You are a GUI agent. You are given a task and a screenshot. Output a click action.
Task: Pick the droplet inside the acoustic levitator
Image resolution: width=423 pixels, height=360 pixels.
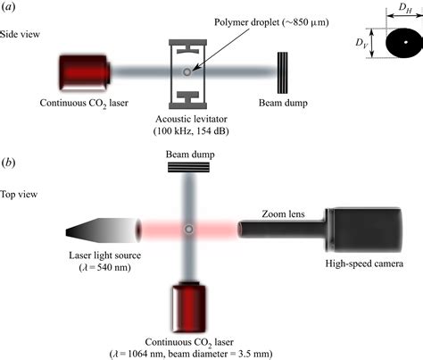(186, 71)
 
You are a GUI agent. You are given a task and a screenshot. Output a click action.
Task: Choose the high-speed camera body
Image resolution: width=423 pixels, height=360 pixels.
(362, 230)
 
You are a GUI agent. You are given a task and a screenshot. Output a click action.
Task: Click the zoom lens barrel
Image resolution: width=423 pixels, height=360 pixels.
(282, 230)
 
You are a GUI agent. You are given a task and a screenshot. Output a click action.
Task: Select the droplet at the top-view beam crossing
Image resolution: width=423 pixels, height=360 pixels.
(188, 230)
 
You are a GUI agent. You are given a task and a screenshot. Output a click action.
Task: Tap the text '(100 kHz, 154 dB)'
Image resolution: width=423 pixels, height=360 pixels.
(186, 132)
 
